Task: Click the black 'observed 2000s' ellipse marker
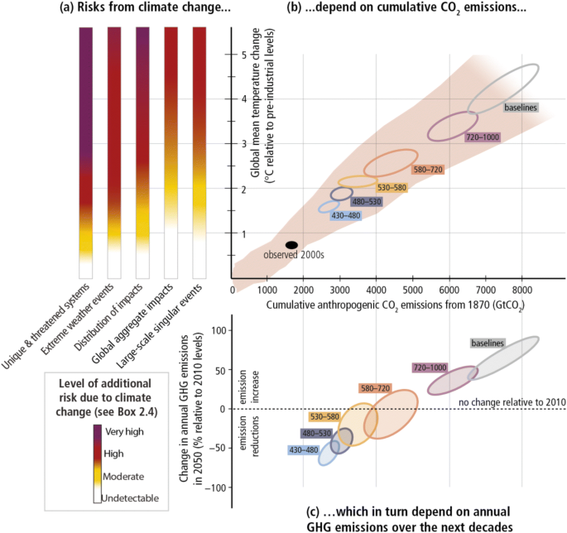click(291, 245)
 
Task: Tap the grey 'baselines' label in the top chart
click(522, 108)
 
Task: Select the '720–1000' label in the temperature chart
click(482, 137)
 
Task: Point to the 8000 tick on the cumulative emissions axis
click(521, 291)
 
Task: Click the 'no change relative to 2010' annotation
click(511, 402)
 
